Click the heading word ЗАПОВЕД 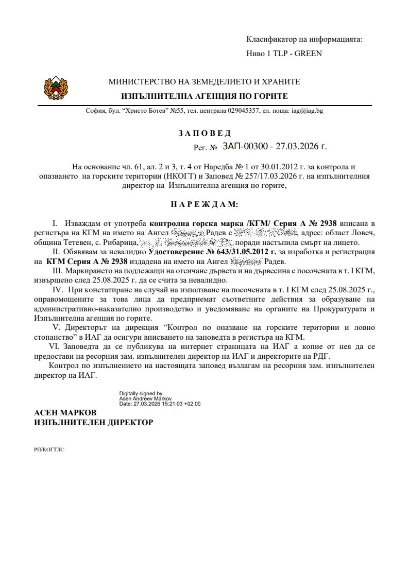204,133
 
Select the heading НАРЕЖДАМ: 204,204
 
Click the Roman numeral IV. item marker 57,290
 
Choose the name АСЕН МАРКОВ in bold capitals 65,413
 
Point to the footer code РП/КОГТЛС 49,449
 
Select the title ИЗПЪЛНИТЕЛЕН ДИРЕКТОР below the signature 93,423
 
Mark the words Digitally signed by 141,393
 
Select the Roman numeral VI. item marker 54,346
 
